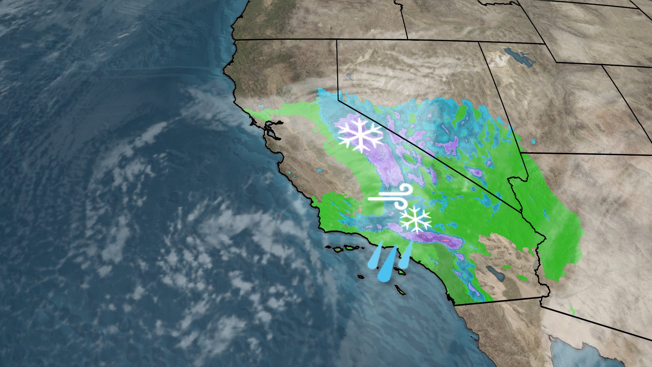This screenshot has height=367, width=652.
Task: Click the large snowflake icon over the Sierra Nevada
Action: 360,135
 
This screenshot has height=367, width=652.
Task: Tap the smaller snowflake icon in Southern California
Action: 415,219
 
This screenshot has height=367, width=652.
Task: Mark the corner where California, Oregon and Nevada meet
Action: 337,40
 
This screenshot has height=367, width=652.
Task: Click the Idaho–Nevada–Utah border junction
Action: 479,42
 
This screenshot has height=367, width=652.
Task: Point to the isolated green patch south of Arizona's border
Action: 572,310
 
